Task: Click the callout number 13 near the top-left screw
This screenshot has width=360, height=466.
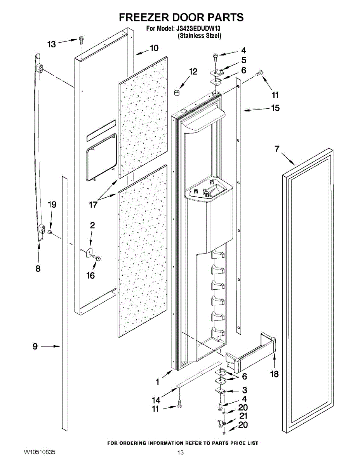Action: pos(52,45)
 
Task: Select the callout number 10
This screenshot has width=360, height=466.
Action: pos(154,48)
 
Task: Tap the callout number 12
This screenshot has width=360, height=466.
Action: pos(193,71)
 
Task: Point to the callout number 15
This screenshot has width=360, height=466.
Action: pos(275,108)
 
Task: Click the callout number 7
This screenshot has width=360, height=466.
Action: pos(277,149)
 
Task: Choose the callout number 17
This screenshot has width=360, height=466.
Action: pos(94,205)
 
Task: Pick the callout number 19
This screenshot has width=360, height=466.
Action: pos(52,205)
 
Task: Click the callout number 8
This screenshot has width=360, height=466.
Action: pos(38,268)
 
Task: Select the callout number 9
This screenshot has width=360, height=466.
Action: pos(35,347)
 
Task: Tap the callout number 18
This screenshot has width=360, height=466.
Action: pos(275,374)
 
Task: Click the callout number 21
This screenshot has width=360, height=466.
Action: pos(243,416)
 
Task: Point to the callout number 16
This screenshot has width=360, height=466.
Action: pos(90,275)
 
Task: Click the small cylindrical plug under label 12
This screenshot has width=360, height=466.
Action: pos(177,93)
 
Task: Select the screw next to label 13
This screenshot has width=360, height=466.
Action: pos(81,39)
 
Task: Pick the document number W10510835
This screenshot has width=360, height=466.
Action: pos(39,452)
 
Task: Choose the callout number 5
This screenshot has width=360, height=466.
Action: pos(243,60)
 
